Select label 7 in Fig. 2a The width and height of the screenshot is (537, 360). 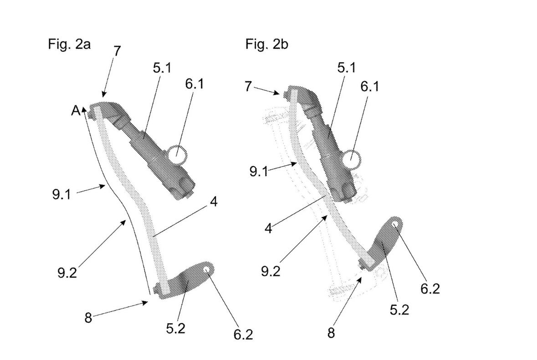(117, 51)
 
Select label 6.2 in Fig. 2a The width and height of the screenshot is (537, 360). (242, 335)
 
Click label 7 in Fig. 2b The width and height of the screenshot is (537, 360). (248, 86)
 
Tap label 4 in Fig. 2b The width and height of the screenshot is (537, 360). (268, 228)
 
